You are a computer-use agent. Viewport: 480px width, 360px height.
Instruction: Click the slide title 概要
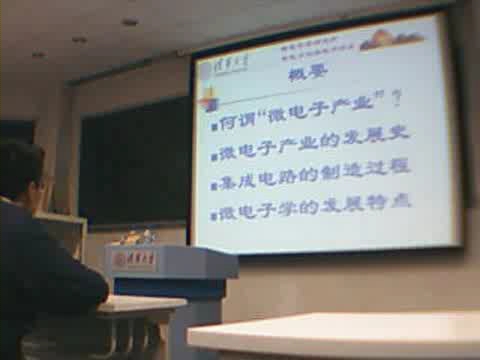302,76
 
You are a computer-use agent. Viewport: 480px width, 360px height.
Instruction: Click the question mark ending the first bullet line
397,98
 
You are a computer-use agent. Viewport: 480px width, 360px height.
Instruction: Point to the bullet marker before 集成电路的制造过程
214,186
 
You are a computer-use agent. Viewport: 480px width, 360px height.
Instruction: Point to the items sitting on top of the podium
137,237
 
